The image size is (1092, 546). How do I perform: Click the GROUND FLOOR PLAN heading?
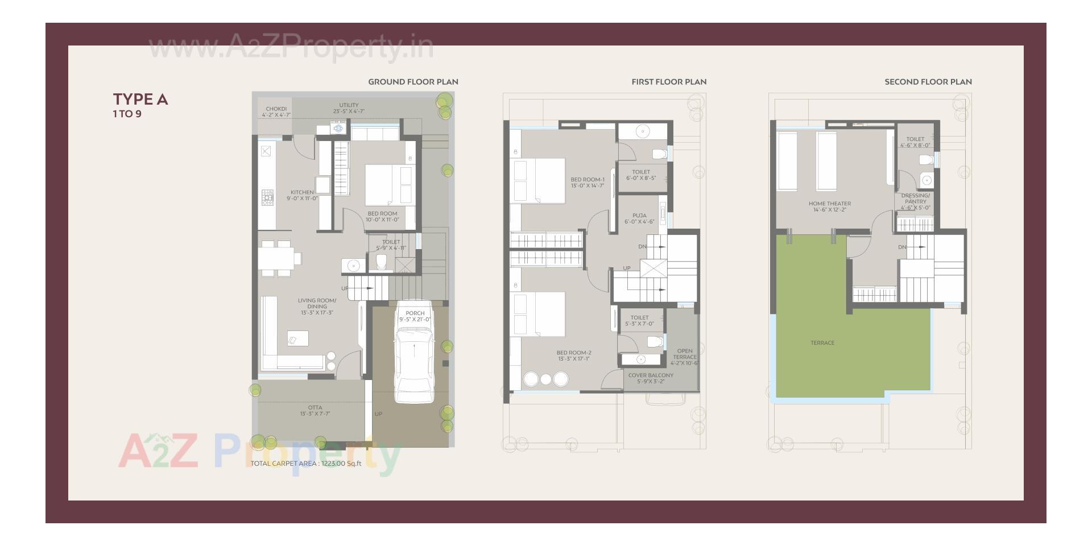413,82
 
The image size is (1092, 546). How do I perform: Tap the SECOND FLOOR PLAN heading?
928,82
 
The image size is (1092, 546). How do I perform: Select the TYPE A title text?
140,100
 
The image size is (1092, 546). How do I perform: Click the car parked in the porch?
414,358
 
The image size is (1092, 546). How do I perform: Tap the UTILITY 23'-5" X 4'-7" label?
349,108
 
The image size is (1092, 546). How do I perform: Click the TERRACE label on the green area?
822,343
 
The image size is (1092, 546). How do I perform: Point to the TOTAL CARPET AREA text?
306,464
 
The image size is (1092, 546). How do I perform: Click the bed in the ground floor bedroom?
388,184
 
